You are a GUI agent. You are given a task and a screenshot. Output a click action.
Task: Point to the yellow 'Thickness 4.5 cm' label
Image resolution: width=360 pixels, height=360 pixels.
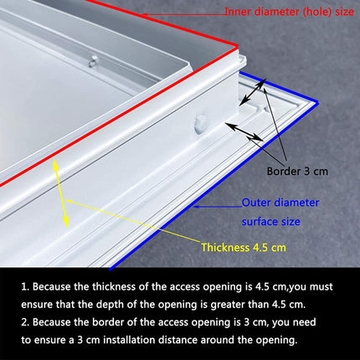click(244, 247)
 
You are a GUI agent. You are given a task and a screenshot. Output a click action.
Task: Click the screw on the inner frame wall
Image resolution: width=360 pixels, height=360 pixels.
click(93, 59)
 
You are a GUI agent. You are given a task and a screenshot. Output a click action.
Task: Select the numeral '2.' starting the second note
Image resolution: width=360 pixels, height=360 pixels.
click(27, 321)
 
